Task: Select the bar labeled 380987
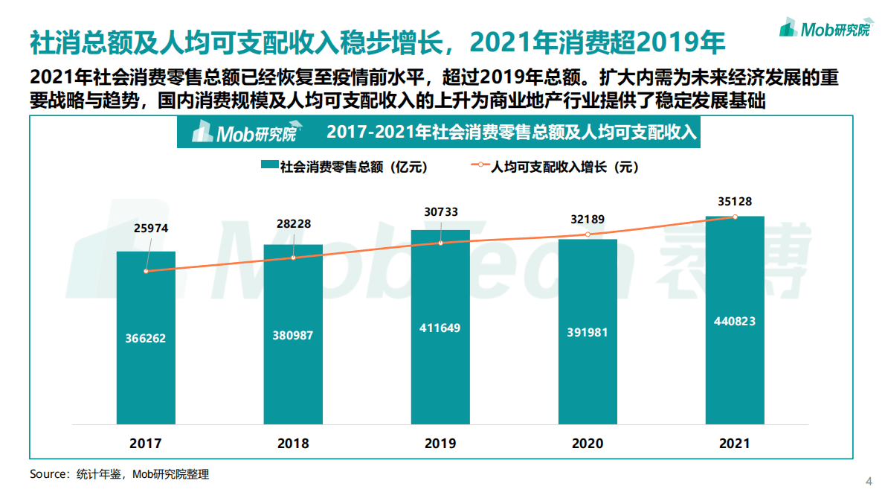[293, 335]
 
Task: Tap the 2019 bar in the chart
[440, 328]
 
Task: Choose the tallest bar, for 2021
[735, 320]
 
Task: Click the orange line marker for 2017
[146, 271]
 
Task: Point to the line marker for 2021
[735, 217]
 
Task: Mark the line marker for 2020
[588, 234]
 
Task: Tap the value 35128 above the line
[735, 200]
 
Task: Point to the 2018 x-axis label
[293, 444]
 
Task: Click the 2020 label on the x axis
[588, 444]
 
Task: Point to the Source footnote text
[119, 474]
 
